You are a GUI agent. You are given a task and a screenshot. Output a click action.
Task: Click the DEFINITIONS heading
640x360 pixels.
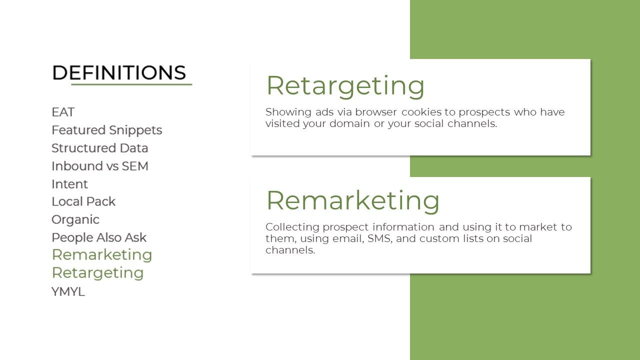[119, 72]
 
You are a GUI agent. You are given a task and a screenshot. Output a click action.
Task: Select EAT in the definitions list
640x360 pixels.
[63, 112]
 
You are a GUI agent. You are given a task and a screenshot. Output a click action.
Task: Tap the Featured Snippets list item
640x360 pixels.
[107, 130]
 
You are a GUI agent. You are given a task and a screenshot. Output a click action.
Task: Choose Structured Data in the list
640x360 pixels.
[99, 148]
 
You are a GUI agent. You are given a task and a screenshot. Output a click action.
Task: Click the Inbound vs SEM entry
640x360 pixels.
[100, 166]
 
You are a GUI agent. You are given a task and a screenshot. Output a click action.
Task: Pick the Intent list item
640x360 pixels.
[69, 184]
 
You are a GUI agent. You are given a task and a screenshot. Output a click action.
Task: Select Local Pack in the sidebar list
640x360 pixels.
[83, 201]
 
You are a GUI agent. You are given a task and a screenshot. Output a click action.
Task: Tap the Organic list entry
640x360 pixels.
[75, 220]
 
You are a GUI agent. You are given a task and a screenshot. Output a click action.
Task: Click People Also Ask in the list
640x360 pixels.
[99, 237]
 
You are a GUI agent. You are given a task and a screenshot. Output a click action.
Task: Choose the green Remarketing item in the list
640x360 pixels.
[102, 255]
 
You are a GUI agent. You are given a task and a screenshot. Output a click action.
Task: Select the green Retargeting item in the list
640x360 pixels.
[97, 273]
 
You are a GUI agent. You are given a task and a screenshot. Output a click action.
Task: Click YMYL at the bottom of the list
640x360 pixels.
[68, 291]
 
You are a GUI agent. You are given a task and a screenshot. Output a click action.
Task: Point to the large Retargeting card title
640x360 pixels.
[345, 86]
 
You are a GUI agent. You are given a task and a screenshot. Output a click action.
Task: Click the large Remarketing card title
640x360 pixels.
[353, 201]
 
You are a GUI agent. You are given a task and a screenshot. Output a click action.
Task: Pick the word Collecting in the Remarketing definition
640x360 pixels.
[292, 227]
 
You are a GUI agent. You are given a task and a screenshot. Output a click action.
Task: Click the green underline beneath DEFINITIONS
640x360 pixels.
[131, 84]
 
